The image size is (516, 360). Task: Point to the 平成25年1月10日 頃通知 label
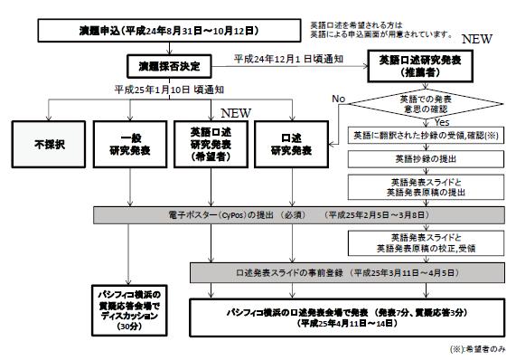[x=155, y=90]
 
